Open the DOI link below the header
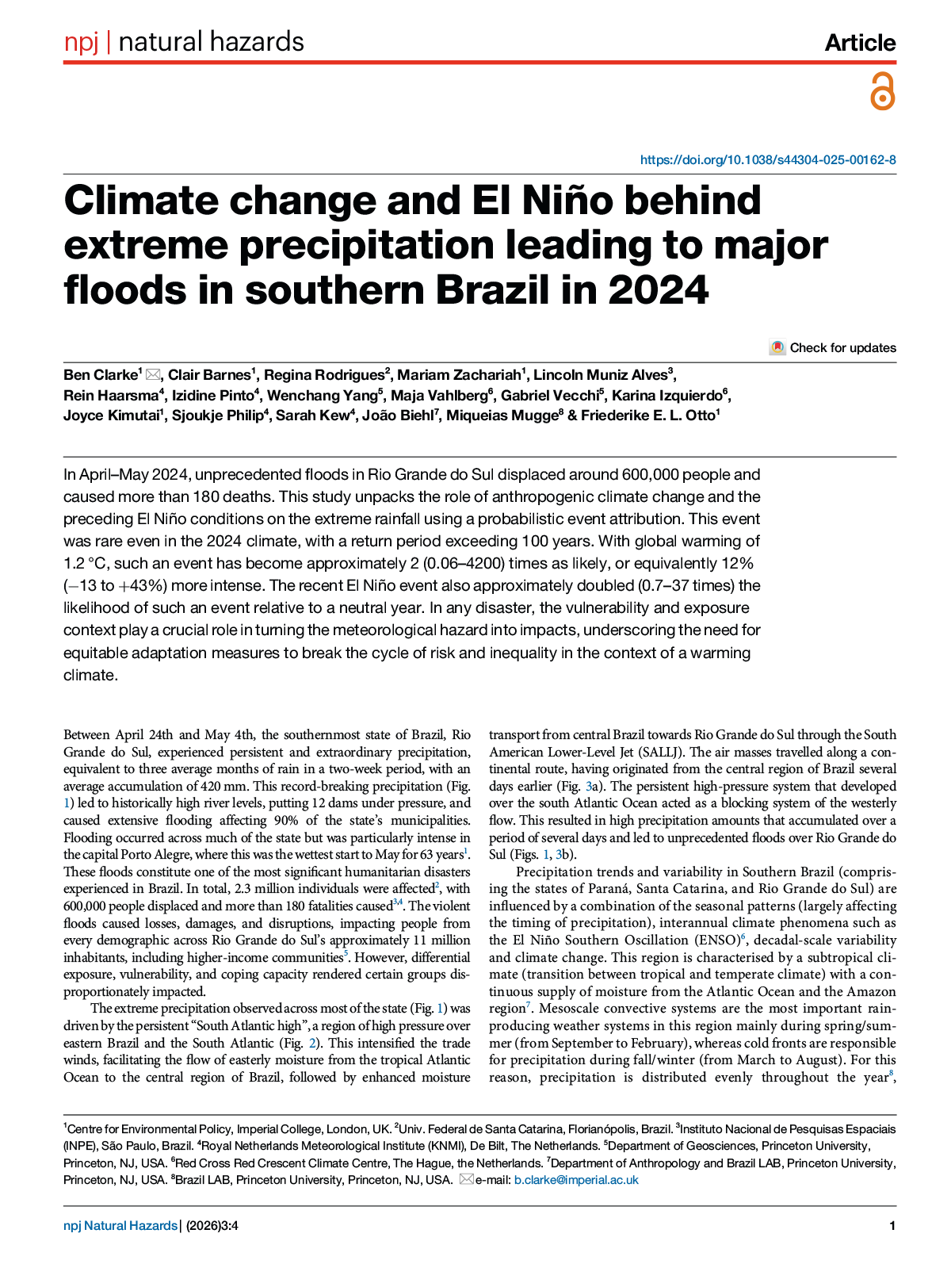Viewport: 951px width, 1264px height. (x=768, y=160)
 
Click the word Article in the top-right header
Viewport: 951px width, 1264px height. (x=860, y=43)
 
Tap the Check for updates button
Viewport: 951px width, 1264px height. (x=833, y=348)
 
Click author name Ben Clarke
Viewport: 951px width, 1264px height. (x=101, y=375)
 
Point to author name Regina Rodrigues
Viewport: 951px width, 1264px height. (x=324, y=375)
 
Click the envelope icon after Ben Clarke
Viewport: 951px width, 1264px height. (x=153, y=375)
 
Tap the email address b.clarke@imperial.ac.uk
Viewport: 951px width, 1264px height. (x=576, y=1180)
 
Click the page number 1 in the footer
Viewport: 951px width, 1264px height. (x=892, y=1226)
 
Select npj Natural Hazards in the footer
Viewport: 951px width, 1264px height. (x=120, y=1226)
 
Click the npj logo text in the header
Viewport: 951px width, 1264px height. (x=81, y=42)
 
